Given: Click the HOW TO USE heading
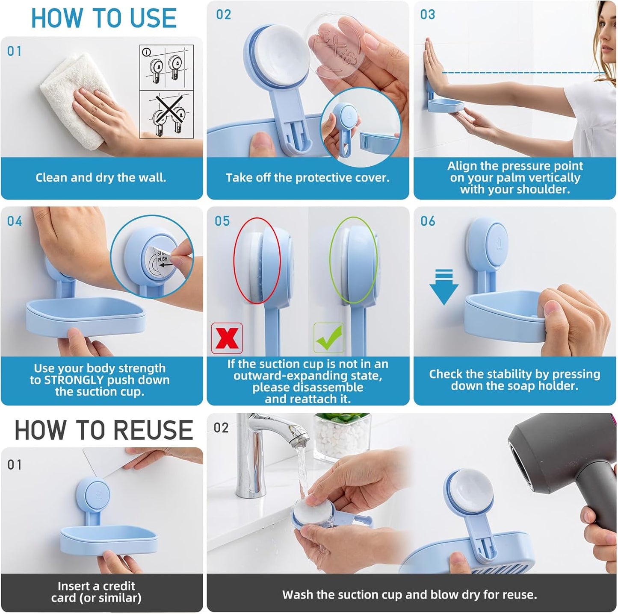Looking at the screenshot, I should (104, 18).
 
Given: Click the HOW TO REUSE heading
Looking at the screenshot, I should (104, 430).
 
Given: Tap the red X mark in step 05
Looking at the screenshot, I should (227, 338).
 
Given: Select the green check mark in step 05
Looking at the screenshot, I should (328, 338).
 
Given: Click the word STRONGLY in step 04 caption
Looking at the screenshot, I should (74, 380).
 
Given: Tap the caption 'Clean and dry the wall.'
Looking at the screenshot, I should (101, 178).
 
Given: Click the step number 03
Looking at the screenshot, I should (428, 15).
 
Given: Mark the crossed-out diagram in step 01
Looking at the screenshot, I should (167, 114).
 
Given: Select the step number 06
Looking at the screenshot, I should (428, 221).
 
